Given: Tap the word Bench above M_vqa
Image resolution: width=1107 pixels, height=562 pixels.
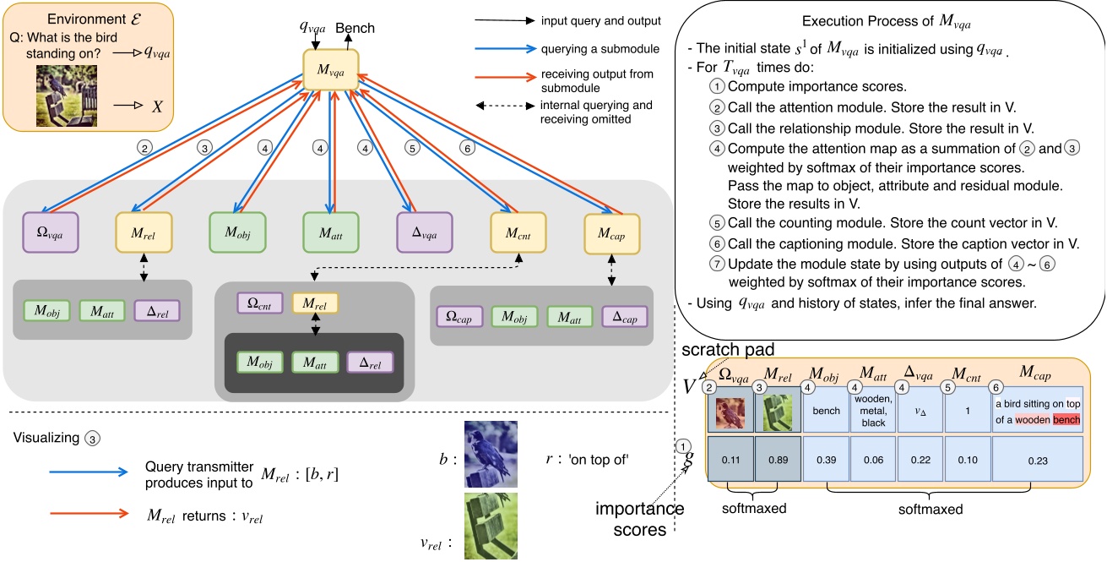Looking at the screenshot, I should [x=355, y=29].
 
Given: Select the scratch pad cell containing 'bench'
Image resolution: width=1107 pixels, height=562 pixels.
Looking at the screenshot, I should [x=826, y=412].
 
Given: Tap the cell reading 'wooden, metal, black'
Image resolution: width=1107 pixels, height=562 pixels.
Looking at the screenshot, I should [x=874, y=411].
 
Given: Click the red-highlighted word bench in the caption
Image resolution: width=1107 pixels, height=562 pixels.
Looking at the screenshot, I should [x=1066, y=419].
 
